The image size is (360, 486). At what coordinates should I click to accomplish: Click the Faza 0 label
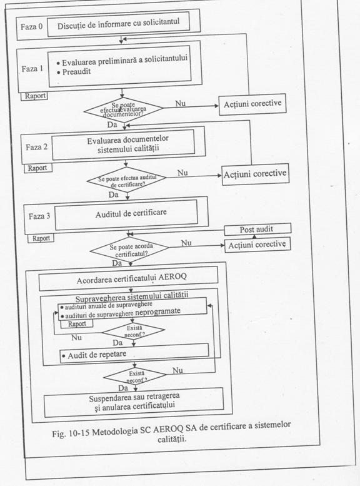(x=32, y=27)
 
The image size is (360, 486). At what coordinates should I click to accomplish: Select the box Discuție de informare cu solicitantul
(x=118, y=24)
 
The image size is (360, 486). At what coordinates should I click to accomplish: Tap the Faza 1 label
(x=32, y=69)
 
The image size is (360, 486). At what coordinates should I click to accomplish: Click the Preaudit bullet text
(x=76, y=72)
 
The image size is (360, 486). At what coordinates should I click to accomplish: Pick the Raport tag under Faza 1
(x=34, y=96)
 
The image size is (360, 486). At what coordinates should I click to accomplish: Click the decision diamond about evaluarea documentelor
(x=123, y=109)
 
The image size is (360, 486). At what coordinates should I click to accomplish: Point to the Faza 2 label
(x=36, y=146)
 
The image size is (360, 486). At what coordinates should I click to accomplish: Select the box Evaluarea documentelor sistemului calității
(x=123, y=144)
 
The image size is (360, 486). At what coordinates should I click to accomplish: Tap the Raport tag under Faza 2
(x=38, y=168)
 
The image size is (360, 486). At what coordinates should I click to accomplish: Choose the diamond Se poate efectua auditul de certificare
(x=126, y=180)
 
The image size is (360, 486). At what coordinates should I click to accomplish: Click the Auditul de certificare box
(x=126, y=215)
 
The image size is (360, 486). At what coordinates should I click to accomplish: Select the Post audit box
(x=257, y=230)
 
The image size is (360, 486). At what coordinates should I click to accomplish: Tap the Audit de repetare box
(x=134, y=353)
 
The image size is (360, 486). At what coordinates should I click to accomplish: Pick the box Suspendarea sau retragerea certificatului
(x=134, y=402)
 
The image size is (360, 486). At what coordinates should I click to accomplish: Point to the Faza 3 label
(x=39, y=216)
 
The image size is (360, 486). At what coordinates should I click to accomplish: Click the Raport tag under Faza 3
(x=41, y=238)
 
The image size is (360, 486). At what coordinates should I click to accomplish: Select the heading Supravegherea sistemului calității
(x=132, y=295)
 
